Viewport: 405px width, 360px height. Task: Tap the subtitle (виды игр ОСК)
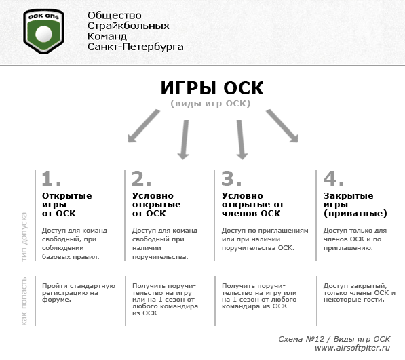point(211,104)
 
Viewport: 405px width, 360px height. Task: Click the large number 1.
point(51,178)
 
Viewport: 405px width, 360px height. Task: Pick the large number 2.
point(141,178)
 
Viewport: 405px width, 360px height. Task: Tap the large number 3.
point(231,178)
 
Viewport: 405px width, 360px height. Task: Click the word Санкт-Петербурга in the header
point(135,47)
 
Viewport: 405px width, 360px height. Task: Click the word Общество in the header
point(114,15)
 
